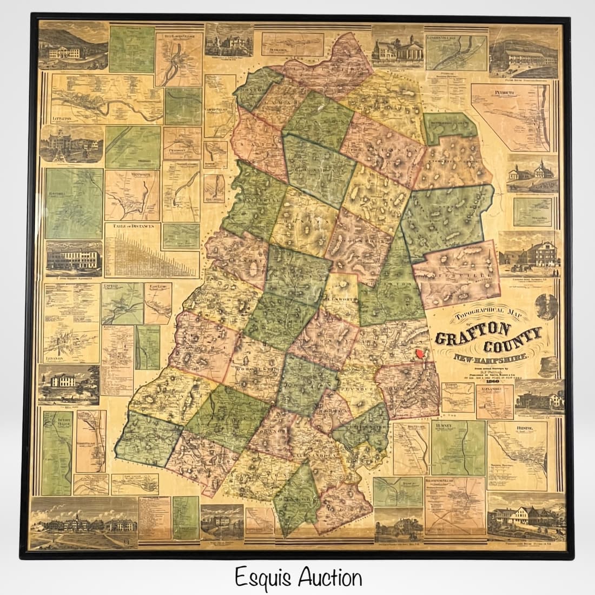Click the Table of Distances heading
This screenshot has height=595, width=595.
pyautogui.click(x=133, y=226)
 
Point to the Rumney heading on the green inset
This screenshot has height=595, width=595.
pyautogui.click(x=444, y=426)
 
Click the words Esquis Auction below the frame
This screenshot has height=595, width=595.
pyautogui.click(x=298, y=578)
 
